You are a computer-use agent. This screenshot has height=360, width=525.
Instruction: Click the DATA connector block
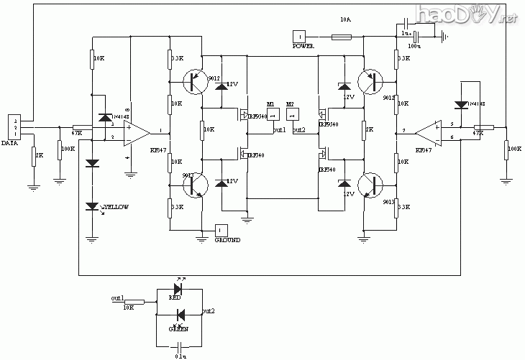[14, 126]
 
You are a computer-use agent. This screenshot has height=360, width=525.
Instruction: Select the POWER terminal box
[299, 37]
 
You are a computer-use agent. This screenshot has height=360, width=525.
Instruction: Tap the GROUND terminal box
[222, 230]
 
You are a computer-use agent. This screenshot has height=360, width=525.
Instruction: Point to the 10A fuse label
[345, 21]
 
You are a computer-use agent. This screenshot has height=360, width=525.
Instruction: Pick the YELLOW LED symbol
[92, 207]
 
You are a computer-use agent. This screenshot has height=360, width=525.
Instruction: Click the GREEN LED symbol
[180, 315]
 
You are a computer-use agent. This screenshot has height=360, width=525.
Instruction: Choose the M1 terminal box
[272, 117]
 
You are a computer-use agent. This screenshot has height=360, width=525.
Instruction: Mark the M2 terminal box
[291, 117]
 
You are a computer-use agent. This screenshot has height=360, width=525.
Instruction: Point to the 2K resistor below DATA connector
[33, 157]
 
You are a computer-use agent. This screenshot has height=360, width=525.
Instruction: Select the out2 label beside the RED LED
[209, 311]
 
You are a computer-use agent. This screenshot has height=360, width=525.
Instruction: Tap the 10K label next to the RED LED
[129, 308]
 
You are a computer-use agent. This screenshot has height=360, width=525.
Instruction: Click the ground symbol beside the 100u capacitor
[446, 36]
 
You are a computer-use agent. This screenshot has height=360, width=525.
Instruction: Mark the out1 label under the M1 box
[279, 130]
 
